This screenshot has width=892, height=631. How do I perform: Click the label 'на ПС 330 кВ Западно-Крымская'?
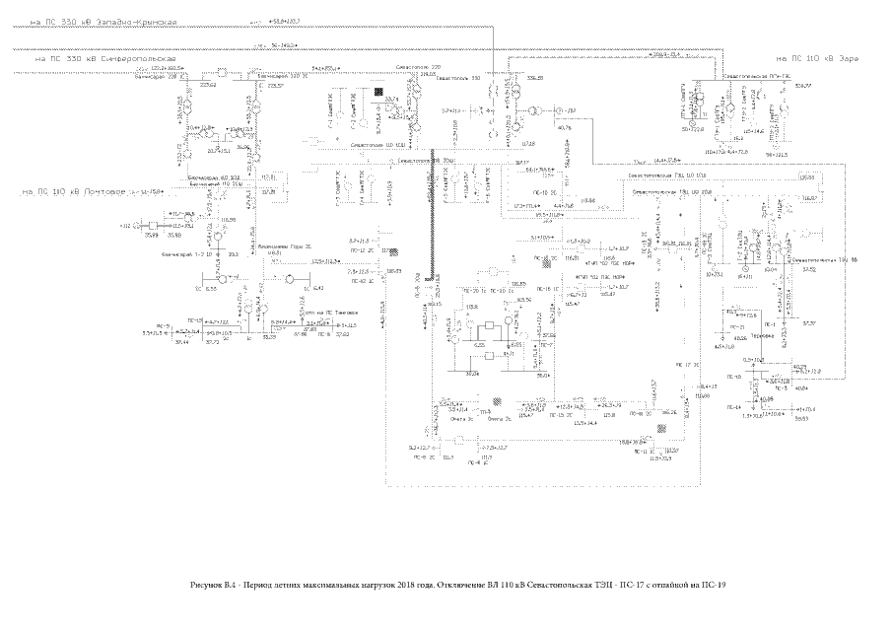91,21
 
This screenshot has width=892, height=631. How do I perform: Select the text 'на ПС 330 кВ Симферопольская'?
104,58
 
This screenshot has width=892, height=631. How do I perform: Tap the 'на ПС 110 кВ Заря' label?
818,58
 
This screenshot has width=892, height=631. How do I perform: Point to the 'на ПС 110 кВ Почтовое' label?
65,190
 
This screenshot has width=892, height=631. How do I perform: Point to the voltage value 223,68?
208,86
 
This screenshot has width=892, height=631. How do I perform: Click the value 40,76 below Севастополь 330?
565,127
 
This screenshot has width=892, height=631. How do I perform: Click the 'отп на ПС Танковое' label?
332,313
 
